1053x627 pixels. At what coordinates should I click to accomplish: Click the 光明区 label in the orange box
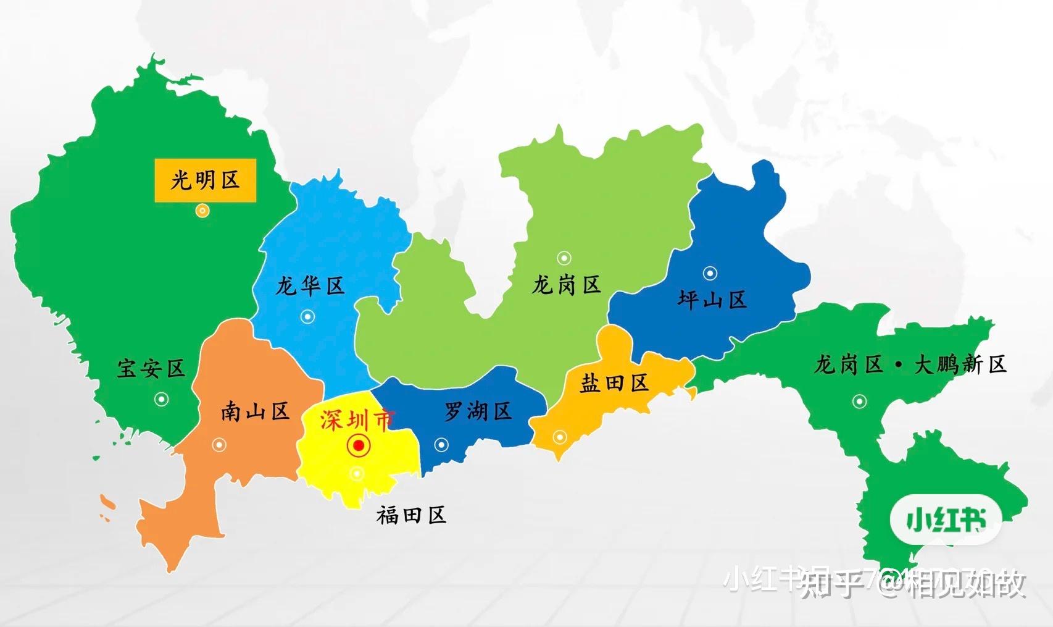pyautogui.click(x=205, y=180)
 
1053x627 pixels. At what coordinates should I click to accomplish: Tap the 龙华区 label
pyautogui.click(x=309, y=286)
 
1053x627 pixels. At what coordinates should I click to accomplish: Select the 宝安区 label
pyautogui.click(x=151, y=369)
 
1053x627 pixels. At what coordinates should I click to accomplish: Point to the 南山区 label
pyautogui.click(x=256, y=411)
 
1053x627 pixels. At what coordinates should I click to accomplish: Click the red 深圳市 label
pyautogui.click(x=357, y=420)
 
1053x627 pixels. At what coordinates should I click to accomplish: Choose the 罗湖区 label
pyautogui.click(x=478, y=411)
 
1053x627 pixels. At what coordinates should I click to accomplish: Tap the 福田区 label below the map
pyautogui.click(x=411, y=515)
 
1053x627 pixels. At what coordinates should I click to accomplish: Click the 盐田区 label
pyautogui.click(x=614, y=383)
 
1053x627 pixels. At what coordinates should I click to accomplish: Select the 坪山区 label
pyautogui.click(x=712, y=300)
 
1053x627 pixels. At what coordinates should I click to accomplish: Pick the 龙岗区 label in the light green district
pyautogui.click(x=566, y=285)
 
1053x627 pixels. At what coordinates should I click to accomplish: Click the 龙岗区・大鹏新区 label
pyautogui.click(x=910, y=364)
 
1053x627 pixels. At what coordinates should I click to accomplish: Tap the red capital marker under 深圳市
pyautogui.click(x=359, y=445)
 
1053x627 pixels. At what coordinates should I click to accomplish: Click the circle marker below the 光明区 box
pyautogui.click(x=202, y=211)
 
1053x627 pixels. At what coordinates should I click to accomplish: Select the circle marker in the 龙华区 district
pyautogui.click(x=307, y=317)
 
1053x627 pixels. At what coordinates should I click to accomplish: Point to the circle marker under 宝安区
pyautogui.click(x=161, y=399)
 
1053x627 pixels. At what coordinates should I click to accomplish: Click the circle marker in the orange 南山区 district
pyautogui.click(x=219, y=445)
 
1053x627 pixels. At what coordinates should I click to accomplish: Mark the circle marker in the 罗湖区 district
pyautogui.click(x=441, y=444)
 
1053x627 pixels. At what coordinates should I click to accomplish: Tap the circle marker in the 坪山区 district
pyautogui.click(x=710, y=273)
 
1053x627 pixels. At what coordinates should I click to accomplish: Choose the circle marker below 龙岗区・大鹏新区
pyautogui.click(x=859, y=402)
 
